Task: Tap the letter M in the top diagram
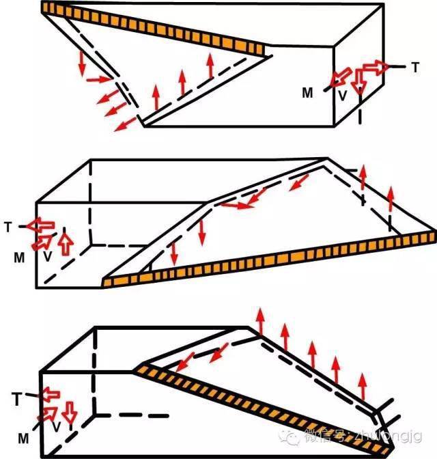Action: point(308,93)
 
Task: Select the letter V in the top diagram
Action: point(343,96)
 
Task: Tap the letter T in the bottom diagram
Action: point(18,395)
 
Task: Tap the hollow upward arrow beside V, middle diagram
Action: point(66,243)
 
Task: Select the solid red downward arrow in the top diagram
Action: point(81,64)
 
